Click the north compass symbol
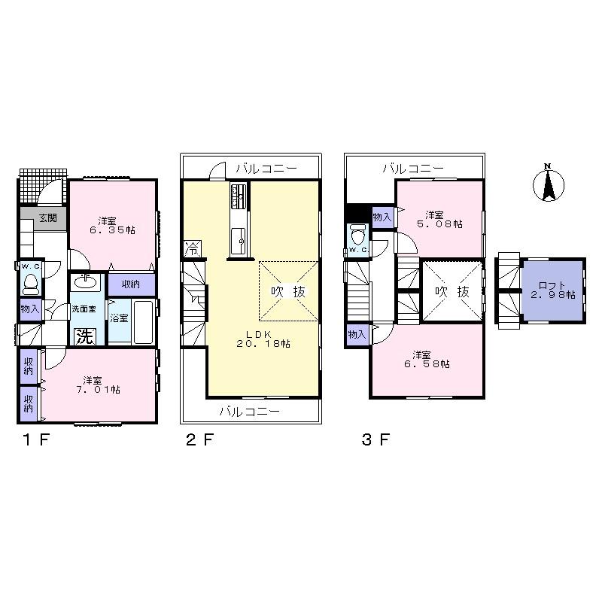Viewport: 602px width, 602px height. pos(549,184)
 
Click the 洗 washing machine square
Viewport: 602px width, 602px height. pos(84,336)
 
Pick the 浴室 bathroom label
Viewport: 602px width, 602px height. pos(119,318)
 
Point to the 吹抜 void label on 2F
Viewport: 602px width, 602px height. pos(288,291)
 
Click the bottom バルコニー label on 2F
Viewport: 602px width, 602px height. pos(250,412)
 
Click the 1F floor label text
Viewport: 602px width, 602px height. pos(35,441)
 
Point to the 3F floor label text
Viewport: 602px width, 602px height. pos(375,441)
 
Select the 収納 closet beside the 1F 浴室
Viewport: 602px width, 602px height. pos(130,284)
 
